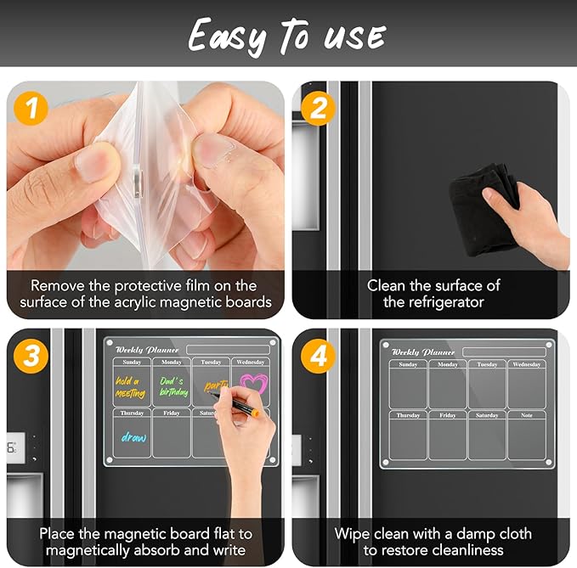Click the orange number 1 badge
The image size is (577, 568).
pos(31,108)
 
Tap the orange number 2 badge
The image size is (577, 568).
pos(318,108)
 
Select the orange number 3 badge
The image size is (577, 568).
pos(31,356)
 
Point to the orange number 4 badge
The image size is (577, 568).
pos(318,356)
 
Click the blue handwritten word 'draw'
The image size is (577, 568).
pos(133,437)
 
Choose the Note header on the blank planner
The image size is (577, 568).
pos(527,415)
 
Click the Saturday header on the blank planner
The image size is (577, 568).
pos(487,415)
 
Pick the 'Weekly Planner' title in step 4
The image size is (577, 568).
pos(423,351)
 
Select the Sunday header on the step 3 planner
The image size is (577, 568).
pos(132,362)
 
